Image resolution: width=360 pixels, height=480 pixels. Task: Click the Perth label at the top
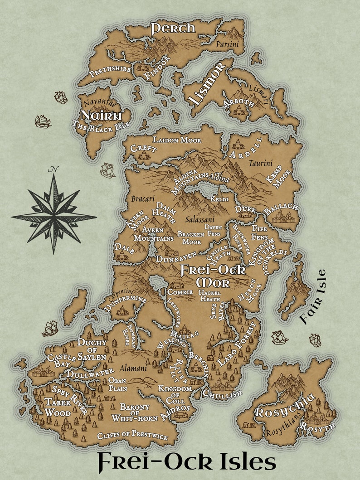pos(173,28)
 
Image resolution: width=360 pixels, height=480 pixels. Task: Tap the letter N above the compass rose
pos(55,170)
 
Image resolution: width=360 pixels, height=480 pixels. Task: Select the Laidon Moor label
pos(177,140)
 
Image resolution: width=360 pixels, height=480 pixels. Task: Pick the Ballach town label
pos(281,209)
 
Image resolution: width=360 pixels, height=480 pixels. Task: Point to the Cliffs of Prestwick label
pos(132,436)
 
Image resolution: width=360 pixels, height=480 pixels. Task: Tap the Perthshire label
pos(110,70)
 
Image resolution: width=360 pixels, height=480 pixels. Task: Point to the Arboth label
pos(239,103)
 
